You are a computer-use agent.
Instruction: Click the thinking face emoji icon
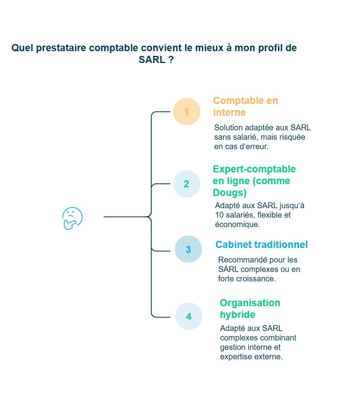point(72,218)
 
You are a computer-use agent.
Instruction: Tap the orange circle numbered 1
point(187,112)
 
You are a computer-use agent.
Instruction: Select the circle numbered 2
point(187,184)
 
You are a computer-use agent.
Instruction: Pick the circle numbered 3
point(188,250)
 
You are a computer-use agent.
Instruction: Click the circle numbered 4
point(189,316)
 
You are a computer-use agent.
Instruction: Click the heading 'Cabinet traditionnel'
point(262,245)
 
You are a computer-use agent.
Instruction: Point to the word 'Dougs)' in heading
point(230,193)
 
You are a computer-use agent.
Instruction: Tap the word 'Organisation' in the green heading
point(250,303)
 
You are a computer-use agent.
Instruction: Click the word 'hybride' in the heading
point(238,315)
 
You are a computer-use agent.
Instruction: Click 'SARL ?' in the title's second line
point(156,60)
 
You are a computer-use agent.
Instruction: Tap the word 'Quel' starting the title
point(21,48)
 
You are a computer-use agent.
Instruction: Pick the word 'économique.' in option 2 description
point(238,225)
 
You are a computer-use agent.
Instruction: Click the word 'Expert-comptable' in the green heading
point(254,169)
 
